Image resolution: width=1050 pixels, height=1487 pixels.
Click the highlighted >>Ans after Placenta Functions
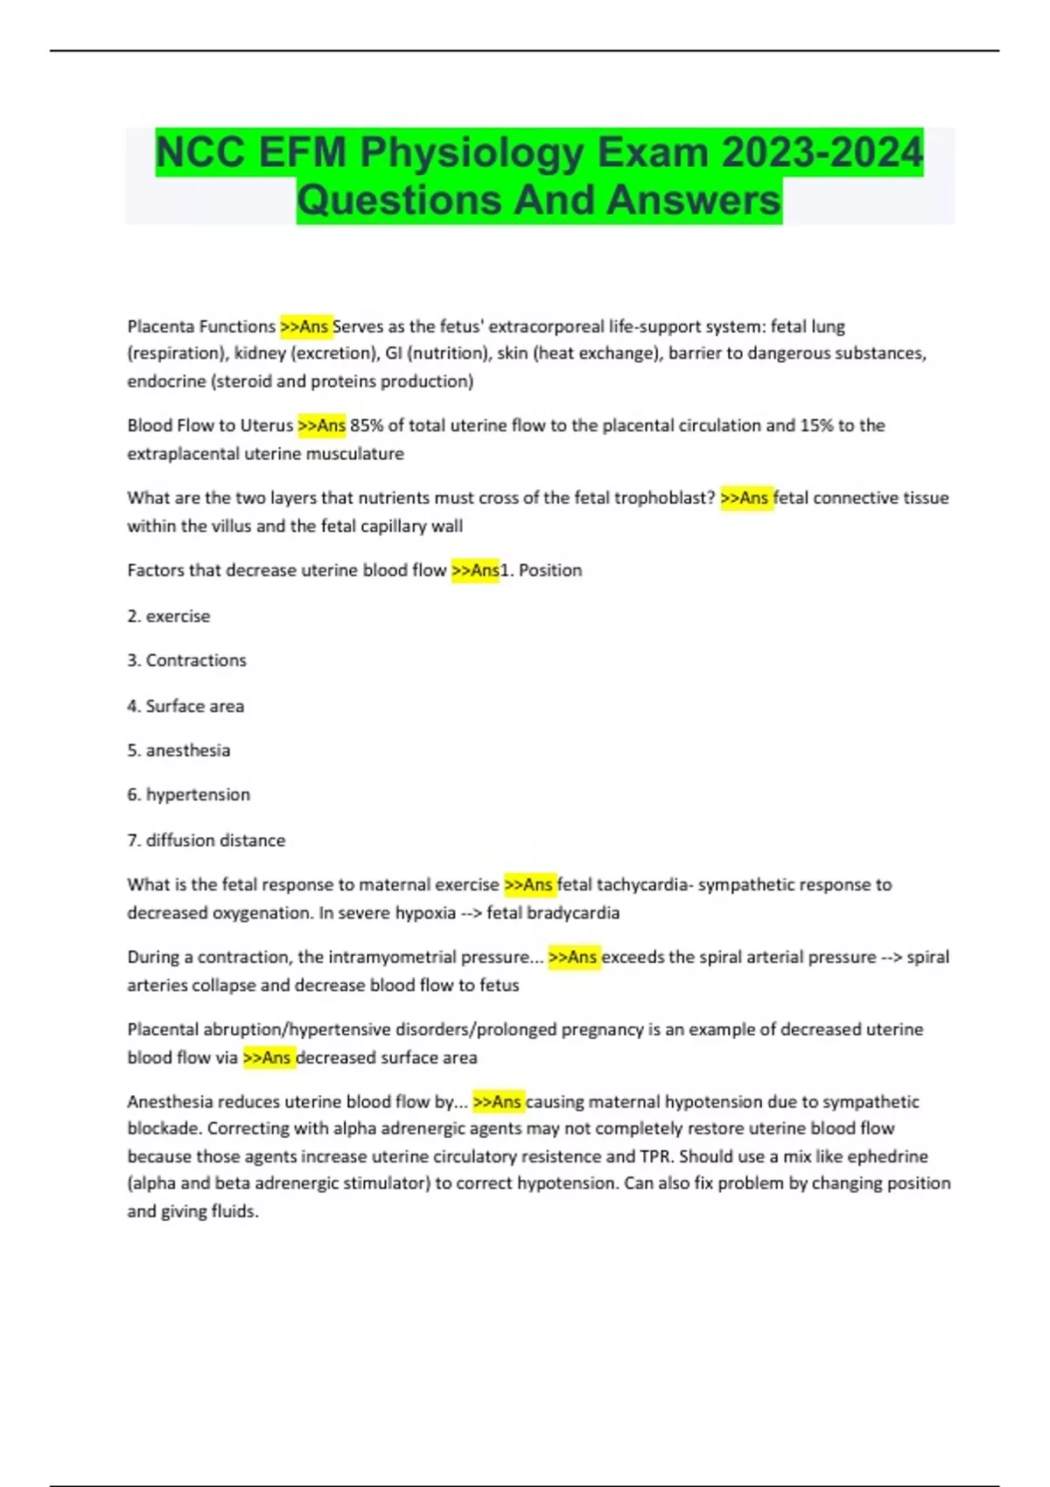pyautogui.click(x=304, y=327)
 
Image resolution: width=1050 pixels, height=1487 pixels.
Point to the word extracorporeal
pyautogui.click(x=546, y=327)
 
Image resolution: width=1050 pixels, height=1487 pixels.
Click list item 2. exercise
pyautogui.click(x=169, y=617)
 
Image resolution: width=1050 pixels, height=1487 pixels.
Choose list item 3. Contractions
pyautogui.click(x=187, y=660)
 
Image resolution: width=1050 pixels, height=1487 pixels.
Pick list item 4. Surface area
pyautogui.click(x=185, y=707)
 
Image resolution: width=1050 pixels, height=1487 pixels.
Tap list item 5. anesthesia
pyautogui.click(x=178, y=750)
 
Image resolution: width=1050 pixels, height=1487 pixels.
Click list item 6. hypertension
pyautogui.click(x=189, y=795)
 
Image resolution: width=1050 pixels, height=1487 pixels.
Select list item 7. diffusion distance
pyautogui.click(x=206, y=841)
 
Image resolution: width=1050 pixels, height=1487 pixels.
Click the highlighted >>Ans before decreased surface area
pyautogui.click(x=268, y=1058)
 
